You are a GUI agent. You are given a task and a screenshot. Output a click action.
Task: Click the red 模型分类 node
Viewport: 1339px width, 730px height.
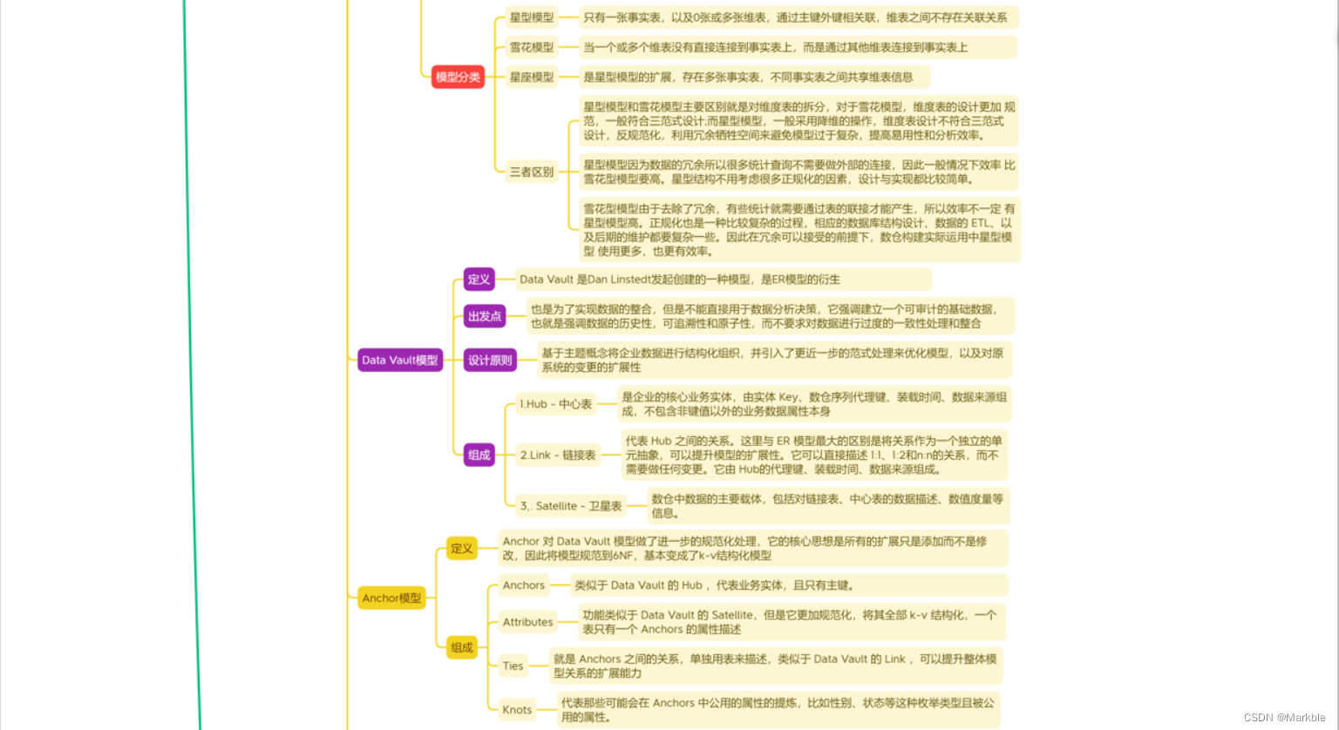pyautogui.click(x=458, y=77)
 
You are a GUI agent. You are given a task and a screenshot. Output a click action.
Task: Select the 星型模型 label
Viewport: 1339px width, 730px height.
pyautogui.click(x=531, y=17)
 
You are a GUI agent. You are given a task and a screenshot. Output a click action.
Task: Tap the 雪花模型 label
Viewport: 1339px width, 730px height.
pyautogui.click(x=531, y=47)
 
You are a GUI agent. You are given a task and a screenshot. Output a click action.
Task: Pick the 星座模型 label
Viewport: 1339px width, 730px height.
pyautogui.click(x=531, y=77)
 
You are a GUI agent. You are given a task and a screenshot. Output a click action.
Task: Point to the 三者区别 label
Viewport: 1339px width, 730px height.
pyautogui.click(x=531, y=172)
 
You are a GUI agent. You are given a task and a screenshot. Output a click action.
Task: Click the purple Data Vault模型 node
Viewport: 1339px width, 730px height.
pyautogui.click(x=400, y=360)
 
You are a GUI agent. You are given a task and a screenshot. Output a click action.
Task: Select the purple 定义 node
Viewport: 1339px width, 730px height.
pyautogui.click(x=479, y=279)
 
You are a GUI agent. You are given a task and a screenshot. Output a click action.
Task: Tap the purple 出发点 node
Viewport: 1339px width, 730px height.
pyautogui.click(x=485, y=316)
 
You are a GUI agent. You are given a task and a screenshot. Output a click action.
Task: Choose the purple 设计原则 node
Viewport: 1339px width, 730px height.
pyautogui.click(x=490, y=360)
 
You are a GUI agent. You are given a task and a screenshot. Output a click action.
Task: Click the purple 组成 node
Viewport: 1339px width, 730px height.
pyautogui.click(x=479, y=455)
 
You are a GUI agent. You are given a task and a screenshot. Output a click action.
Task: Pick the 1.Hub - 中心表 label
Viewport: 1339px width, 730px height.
pyautogui.click(x=555, y=404)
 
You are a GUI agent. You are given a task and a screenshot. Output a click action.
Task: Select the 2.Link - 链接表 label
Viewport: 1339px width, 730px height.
pyautogui.click(x=558, y=455)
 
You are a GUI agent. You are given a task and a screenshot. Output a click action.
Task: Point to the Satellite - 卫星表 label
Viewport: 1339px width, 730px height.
pyautogui.click(x=571, y=506)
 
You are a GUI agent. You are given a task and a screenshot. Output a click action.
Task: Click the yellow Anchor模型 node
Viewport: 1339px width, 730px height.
pyautogui.click(x=391, y=598)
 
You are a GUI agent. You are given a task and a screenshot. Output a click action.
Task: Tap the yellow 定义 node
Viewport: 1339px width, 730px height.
pyautogui.click(x=461, y=548)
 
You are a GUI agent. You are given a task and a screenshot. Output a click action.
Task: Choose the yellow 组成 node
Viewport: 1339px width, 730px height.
pyautogui.click(x=461, y=647)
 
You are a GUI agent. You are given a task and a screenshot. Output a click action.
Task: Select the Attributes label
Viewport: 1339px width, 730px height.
pyautogui.click(x=527, y=622)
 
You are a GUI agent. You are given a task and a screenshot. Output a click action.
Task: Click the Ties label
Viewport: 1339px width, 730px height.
pyautogui.click(x=513, y=666)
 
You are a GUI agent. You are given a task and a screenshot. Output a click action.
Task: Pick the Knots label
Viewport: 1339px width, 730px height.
pyautogui.click(x=517, y=710)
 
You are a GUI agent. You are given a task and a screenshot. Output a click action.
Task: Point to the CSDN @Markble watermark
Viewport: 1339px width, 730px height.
pyautogui.click(x=1284, y=718)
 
